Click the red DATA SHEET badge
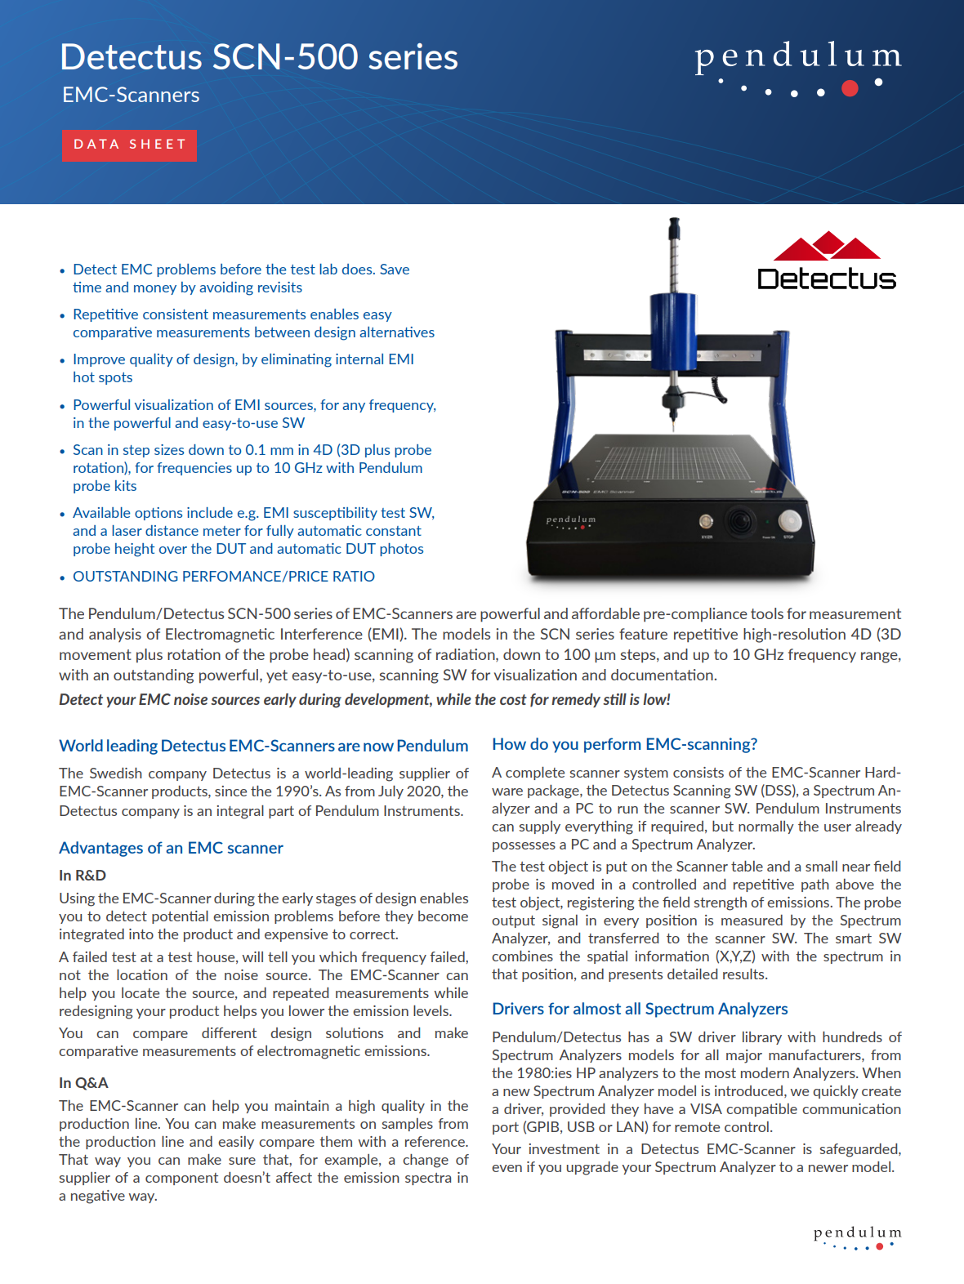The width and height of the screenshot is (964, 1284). pyautogui.click(x=129, y=145)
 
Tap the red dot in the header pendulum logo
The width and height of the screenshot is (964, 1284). pyautogui.click(x=850, y=88)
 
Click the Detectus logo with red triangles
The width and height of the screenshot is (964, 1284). pyautogui.click(x=827, y=262)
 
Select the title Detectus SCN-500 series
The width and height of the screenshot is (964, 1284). pyautogui.click(x=259, y=57)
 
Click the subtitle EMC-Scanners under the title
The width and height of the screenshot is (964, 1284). pyautogui.click(x=131, y=95)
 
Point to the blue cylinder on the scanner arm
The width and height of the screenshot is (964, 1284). pyautogui.click(x=674, y=330)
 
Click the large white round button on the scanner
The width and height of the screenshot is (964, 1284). pyautogui.click(x=789, y=520)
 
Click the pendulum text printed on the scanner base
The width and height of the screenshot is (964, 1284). pyautogui.click(x=571, y=519)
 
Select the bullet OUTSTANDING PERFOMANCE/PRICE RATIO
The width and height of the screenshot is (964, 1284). pyautogui.click(x=224, y=577)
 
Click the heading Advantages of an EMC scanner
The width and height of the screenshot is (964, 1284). pyautogui.click(x=171, y=848)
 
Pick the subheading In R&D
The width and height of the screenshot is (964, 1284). pyautogui.click(x=83, y=876)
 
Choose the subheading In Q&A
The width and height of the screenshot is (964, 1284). pyautogui.click(x=83, y=1083)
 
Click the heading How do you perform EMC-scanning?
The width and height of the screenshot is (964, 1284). pyautogui.click(x=624, y=744)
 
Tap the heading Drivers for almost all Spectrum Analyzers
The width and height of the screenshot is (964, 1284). pyautogui.click(x=640, y=1009)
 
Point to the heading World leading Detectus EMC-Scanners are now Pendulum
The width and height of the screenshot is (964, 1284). pyautogui.click(x=263, y=746)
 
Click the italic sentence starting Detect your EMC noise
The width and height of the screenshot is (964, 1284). pyautogui.click(x=364, y=700)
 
